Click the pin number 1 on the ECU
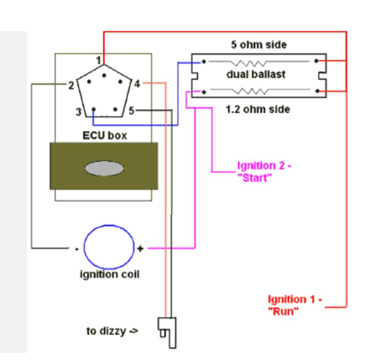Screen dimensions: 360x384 pos(98,60)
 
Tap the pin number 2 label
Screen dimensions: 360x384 pos(71,85)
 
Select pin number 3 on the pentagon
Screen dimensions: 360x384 pos(79,112)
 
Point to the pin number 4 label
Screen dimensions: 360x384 pos(137,84)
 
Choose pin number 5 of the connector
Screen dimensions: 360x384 pos(131,111)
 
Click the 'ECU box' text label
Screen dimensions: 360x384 pos(104,136)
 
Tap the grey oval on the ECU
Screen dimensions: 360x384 pos(104,168)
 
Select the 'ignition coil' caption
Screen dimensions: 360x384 pos(109,274)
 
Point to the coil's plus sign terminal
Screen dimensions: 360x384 pos(140,248)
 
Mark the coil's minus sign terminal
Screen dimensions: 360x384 pos(77,248)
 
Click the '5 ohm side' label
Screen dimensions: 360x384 pos(258,45)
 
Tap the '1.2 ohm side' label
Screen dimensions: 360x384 pos(258,109)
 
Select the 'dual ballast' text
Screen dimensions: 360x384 pos(256,75)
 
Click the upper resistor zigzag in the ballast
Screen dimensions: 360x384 pos(252,62)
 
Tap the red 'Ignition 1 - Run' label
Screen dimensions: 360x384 pos(295,305)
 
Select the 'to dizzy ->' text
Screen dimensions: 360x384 pos(112,331)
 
